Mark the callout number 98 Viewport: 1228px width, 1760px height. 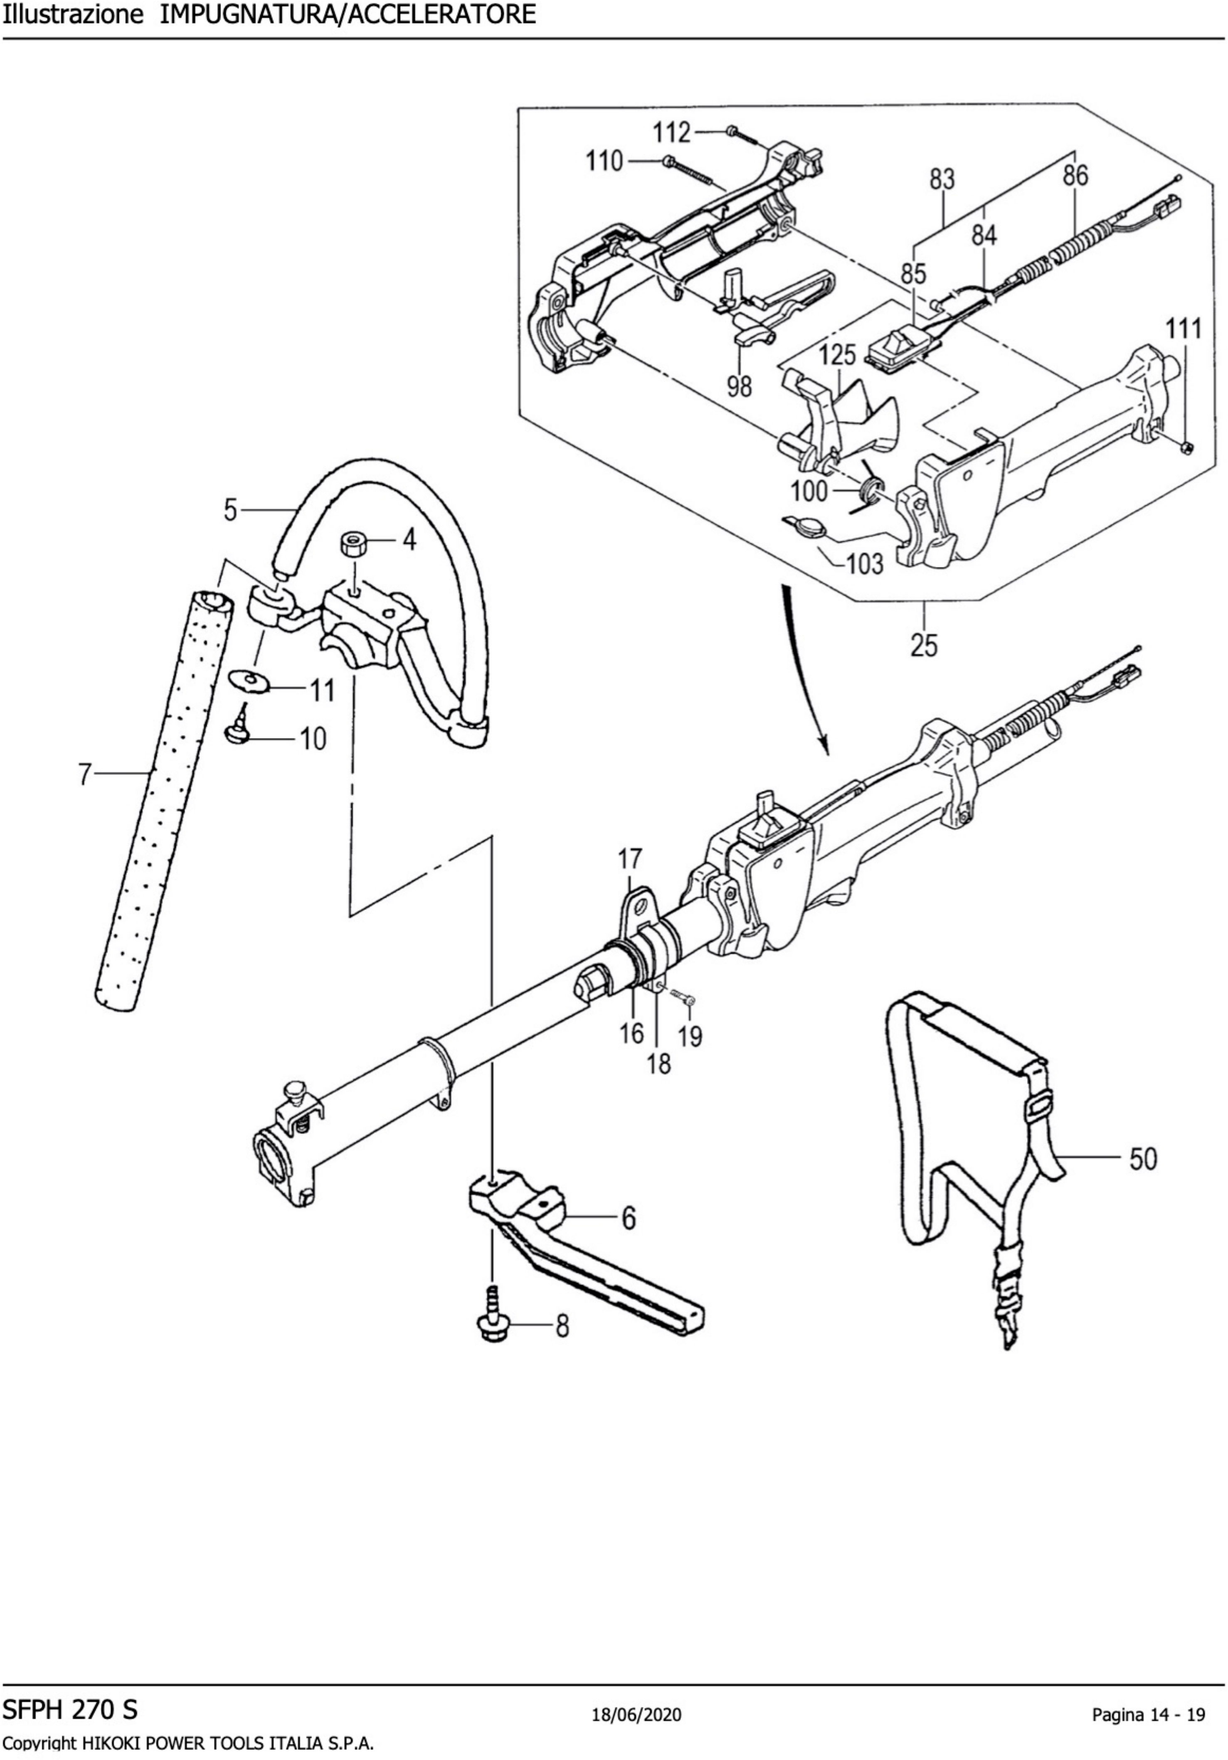pyautogui.click(x=740, y=386)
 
